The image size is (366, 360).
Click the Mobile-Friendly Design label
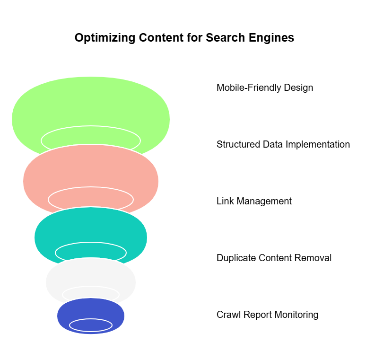(265, 88)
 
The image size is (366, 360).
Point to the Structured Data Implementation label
(283, 144)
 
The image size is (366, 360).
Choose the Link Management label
(254, 201)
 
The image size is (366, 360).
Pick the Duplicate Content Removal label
(274, 258)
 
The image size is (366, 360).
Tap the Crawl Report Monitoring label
(267, 315)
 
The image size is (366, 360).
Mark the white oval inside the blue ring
(91, 325)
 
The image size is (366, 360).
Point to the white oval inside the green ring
(91, 138)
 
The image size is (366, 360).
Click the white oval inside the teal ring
(91, 252)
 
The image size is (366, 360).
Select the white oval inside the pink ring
(91, 198)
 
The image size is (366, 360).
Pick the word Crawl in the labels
(228, 315)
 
